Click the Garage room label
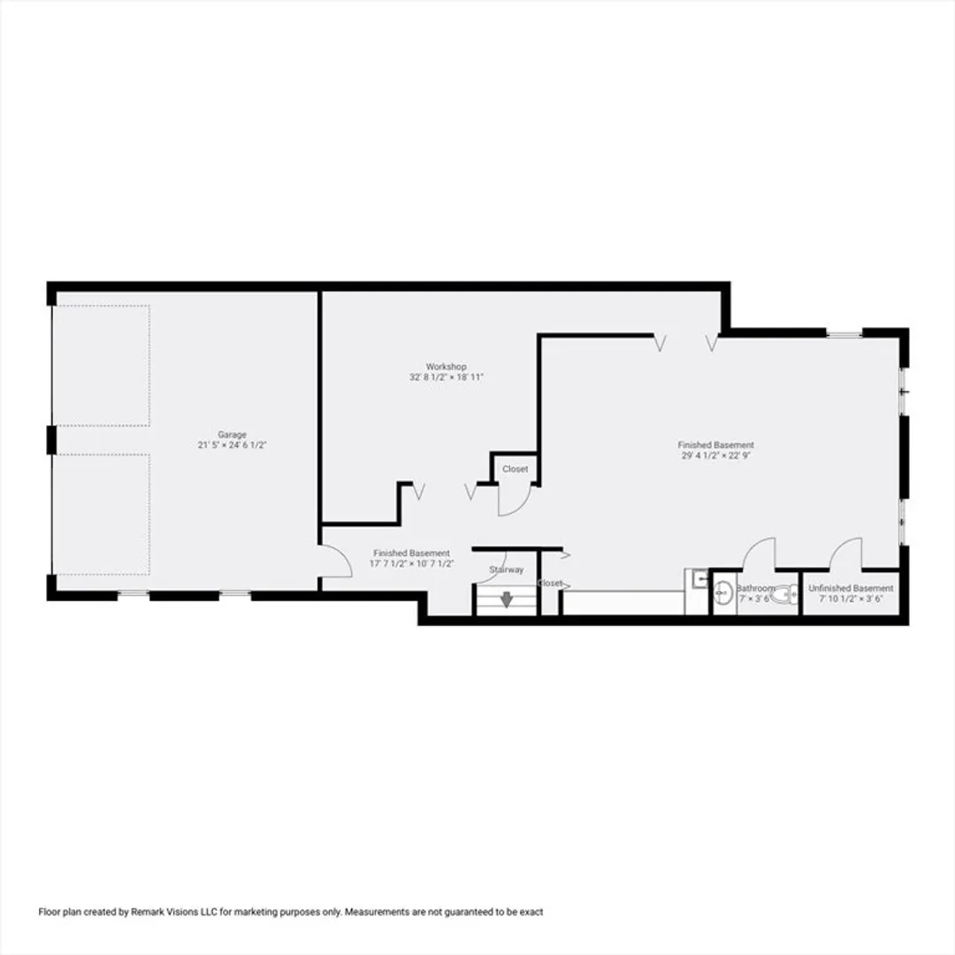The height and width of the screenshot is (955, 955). (x=232, y=434)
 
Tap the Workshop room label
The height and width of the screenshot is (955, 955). (x=447, y=367)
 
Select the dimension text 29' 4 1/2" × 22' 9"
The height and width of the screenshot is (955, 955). (x=715, y=455)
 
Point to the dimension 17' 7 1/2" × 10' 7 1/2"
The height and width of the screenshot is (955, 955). (x=412, y=563)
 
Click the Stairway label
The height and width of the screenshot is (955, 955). (x=506, y=569)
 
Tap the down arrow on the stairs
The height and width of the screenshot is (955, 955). (x=506, y=600)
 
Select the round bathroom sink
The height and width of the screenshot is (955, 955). (x=723, y=592)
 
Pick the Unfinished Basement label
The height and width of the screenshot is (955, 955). (x=851, y=588)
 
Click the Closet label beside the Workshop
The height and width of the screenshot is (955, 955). (x=516, y=469)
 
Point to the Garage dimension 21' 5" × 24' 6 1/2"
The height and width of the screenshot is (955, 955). (x=232, y=445)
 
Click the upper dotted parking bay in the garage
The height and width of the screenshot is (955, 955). (x=101, y=365)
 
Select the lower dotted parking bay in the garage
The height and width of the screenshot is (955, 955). (x=101, y=514)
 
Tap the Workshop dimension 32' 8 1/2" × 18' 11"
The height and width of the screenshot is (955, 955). (x=447, y=378)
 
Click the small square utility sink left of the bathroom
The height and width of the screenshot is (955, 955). (x=699, y=578)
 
